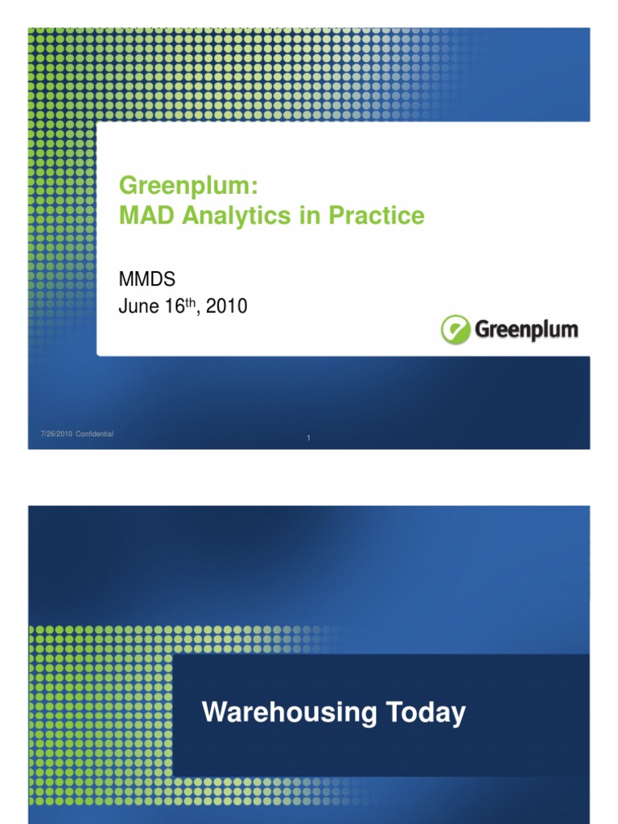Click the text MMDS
146,278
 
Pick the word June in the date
134,307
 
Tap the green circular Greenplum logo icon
455,330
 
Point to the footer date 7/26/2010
56,435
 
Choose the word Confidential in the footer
94,435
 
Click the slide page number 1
309,439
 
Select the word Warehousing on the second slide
289,713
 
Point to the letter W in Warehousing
214,713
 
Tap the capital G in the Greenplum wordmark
483,330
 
